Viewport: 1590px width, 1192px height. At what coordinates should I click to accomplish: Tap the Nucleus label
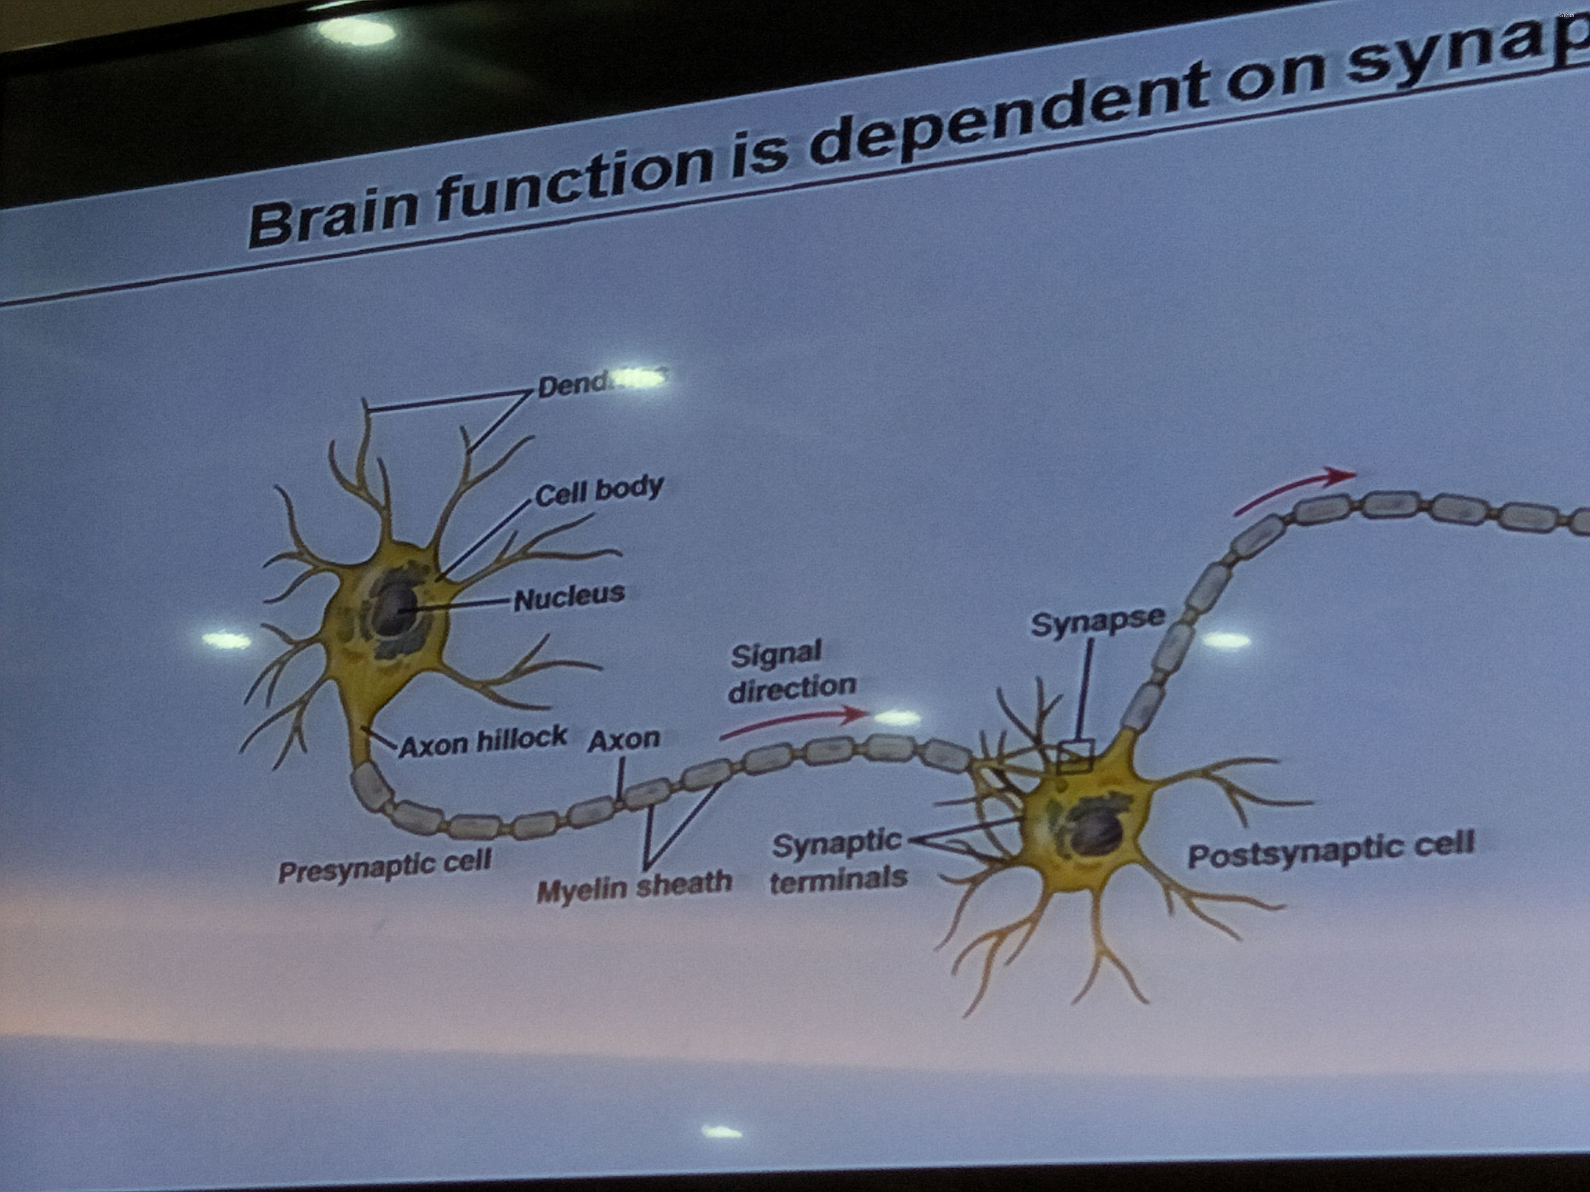569,596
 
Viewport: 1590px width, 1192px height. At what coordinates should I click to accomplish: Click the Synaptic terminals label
838,861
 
